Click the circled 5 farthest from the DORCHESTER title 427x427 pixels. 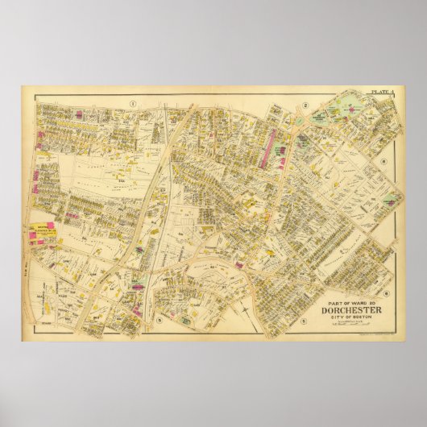tap(160, 321)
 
